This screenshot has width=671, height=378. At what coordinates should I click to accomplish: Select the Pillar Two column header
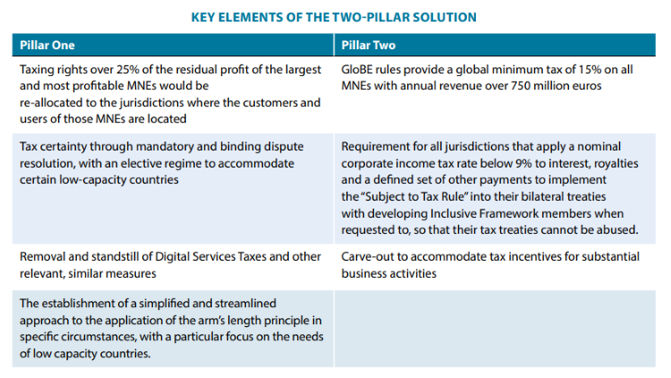(x=369, y=45)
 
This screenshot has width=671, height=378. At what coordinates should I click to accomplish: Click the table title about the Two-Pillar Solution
(x=334, y=17)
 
